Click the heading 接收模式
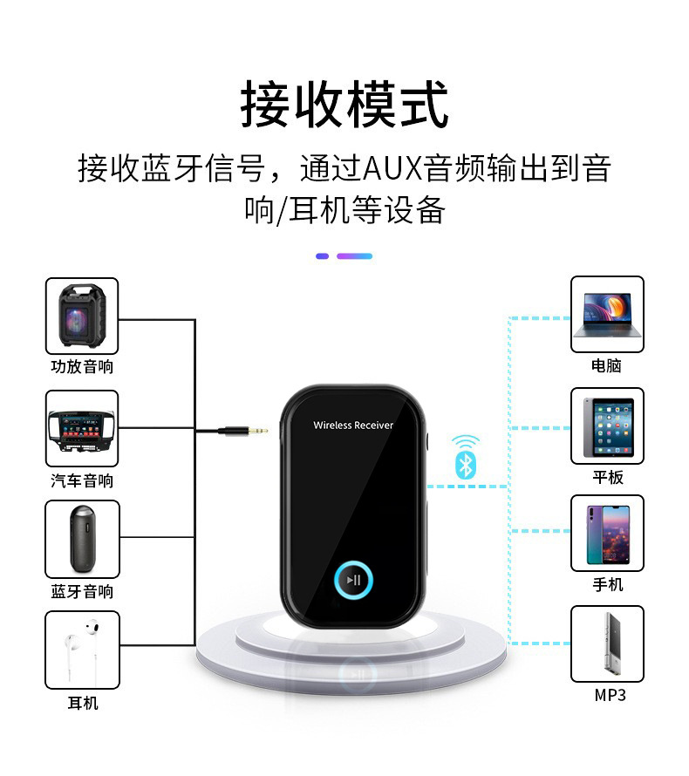point(344,105)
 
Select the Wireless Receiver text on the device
point(353,425)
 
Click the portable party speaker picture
point(81,316)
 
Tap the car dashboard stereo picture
point(81,428)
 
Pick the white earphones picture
point(81,650)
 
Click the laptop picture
point(607,314)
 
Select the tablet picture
point(607,425)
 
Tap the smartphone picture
point(607,533)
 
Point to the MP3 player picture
point(607,643)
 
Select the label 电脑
point(606,365)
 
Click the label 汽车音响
point(82,480)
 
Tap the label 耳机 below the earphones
point(83,703)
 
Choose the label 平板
point(608,477)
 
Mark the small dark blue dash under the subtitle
point(322,256)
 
